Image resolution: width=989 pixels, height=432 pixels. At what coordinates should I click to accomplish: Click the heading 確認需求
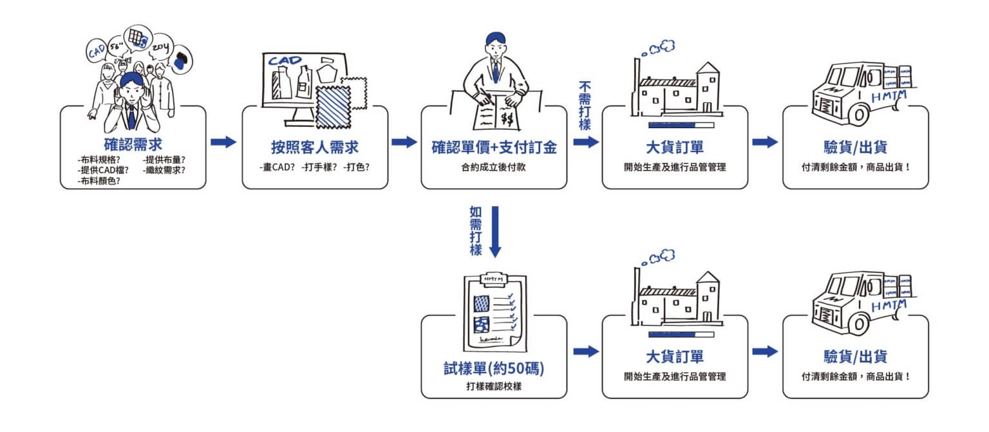133,144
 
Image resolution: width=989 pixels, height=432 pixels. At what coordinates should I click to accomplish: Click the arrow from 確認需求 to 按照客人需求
223,142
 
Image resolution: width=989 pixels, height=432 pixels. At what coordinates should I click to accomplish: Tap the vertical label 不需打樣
585,106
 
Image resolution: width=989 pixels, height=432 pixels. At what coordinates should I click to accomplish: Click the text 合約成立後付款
494,168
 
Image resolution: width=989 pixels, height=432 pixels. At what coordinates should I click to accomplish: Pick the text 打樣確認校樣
494,386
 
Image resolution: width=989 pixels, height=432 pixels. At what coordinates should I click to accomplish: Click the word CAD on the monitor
285,61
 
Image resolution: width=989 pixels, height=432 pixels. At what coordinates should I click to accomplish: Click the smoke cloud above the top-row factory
663,46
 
